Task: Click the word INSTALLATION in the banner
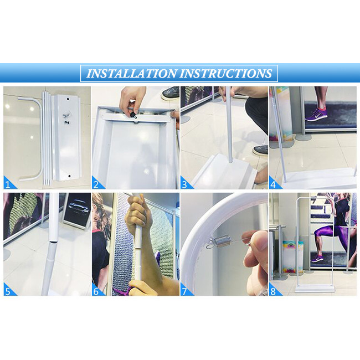(x=132, y=74)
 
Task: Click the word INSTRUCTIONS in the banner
(x=226, y=74)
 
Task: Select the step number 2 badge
(x=97, y=184)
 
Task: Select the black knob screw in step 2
(x=133, y=114)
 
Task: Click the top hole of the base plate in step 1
(x=68, y=99)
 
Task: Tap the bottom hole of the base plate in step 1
(x=70, y=176)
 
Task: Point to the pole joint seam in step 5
(x=54, y=241)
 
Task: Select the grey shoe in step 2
(x=171, y=92)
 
